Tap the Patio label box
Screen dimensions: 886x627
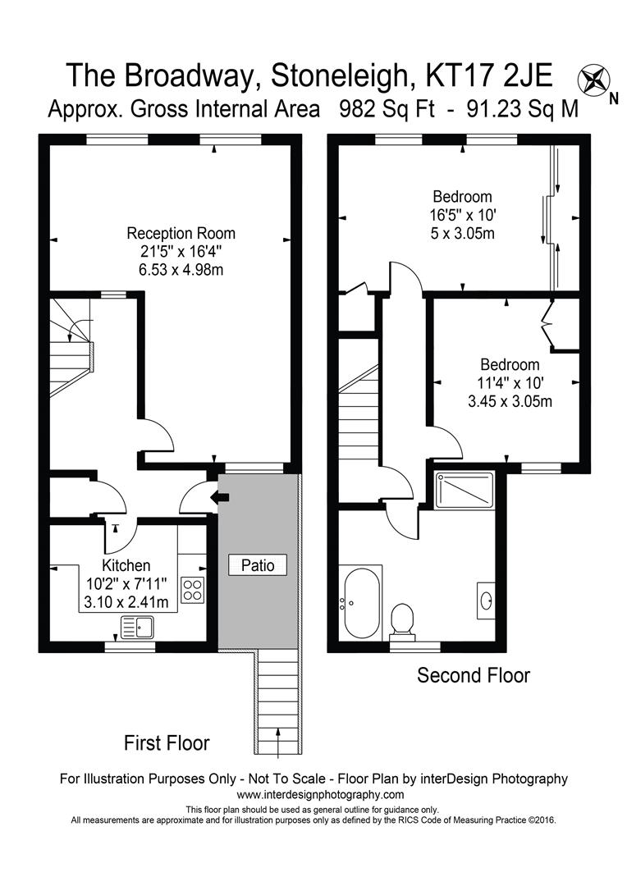click(x=258, y=565)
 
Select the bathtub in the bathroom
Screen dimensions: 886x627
click(x=361, y=602)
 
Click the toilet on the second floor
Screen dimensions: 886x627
click(x=402, y=619)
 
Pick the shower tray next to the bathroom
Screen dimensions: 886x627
click(x=464, y=490)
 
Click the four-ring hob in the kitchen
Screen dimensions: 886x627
click(x=194, y=589)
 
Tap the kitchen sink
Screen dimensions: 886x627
click(x=137, y=628)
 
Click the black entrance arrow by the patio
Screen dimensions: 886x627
click(x=219, y=497)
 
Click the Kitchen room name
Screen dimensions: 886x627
click(x=126, y=565)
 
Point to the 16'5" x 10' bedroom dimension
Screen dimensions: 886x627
click(x=463, y=215)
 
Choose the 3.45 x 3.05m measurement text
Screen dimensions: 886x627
click(x=509, y=402)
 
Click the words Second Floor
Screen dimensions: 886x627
click(x=474, y=675)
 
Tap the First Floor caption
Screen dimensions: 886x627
click(x=167, y=743)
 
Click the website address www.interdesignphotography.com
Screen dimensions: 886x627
click(x=320, y=795)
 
